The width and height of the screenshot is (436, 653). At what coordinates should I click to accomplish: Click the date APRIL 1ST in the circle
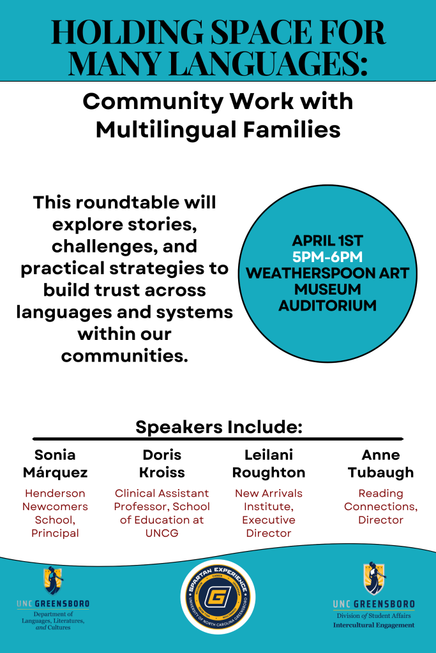coord(327,240)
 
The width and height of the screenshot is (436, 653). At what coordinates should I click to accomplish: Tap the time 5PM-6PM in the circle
coord(327,256)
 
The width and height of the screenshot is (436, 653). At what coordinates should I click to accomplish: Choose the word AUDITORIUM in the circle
coord(327,305)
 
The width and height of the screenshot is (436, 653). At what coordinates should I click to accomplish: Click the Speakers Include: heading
coord(218,426)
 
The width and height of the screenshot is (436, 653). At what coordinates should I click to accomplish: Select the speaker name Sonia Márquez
coord(55,464)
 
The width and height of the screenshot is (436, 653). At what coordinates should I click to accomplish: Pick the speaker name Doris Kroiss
coord(162,464)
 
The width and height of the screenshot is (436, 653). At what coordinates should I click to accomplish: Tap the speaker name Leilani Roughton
coord(269,464)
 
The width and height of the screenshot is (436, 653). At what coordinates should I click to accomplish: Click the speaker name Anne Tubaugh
coord(380,464)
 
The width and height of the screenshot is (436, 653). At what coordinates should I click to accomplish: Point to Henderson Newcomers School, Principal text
coord(55,513)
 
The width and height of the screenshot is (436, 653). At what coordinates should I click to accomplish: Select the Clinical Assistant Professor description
coord(162,513)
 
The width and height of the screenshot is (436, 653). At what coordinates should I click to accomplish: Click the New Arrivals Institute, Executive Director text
coord(269,513)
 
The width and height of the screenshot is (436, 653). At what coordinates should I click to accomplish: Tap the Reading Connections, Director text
coord(380,506)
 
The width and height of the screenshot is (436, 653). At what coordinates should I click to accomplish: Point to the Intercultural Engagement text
coord(373,626)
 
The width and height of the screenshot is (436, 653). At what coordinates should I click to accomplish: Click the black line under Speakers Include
coord(218,439)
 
